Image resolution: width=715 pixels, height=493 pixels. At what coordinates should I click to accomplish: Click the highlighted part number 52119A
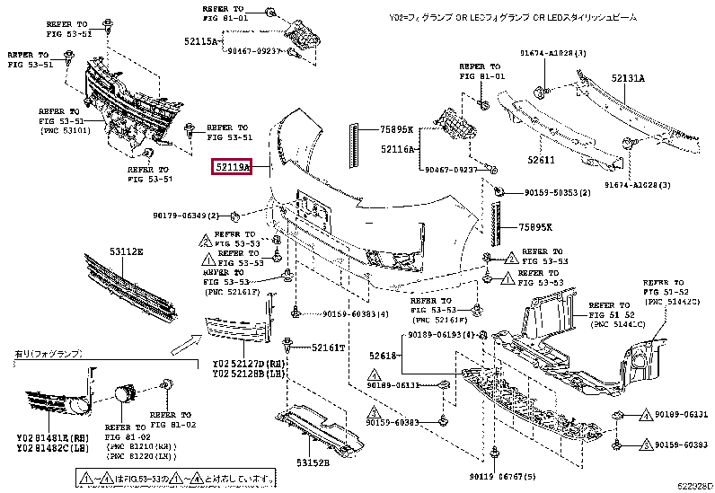click(x=232, y=167)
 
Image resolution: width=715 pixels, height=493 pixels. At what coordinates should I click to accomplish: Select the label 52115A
click(x=202, y=42)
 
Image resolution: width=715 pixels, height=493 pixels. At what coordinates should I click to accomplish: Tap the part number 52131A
click(x=629, y=78)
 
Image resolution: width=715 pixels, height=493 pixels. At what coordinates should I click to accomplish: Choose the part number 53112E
click(x=127, y=252)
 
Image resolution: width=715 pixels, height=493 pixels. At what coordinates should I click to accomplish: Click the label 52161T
click(x=329, y=347)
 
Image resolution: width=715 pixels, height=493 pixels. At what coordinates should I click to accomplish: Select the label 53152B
click(x=314, y=463)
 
